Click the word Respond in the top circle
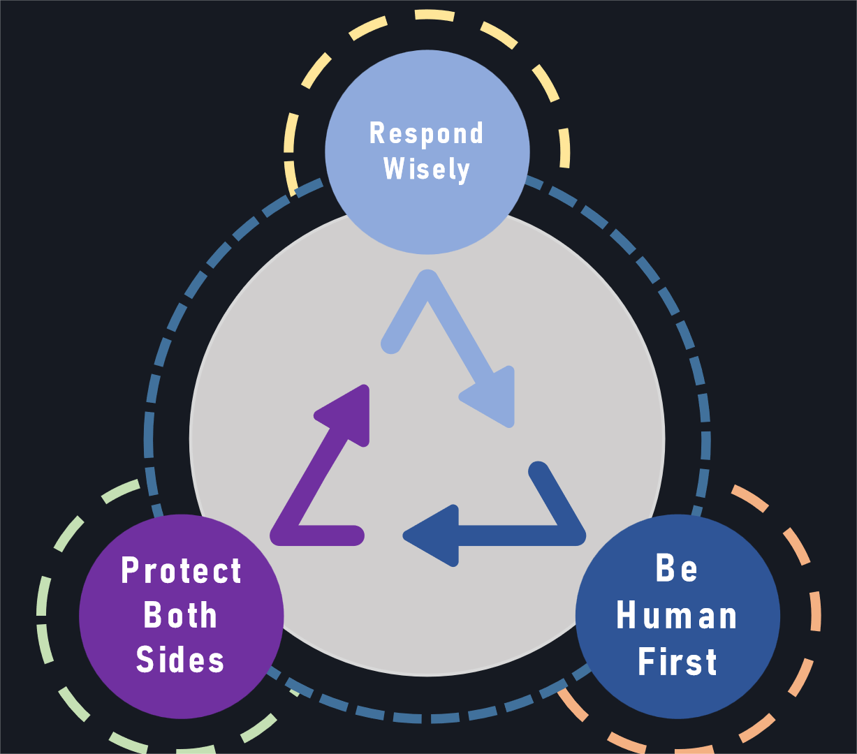(426, 133)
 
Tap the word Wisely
(427, 169)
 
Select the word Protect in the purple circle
(182, 571)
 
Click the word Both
(180, 615)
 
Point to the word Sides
(180, 660)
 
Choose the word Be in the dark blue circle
(677, 568)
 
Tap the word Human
(677, 616)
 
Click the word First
(677, 662)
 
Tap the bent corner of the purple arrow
(284, 533)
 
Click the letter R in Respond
(376, 133)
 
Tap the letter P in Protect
(130, 570)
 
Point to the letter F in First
(647, 662)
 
